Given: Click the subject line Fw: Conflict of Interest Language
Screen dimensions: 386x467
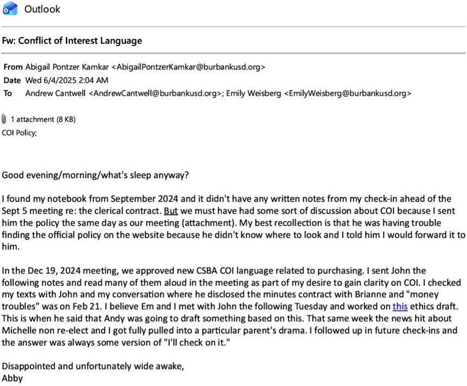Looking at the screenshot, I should tap(73, 41).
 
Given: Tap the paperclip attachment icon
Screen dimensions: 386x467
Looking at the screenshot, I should tap(5, 119).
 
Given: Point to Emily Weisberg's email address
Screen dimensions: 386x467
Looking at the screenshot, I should tap(347, 93).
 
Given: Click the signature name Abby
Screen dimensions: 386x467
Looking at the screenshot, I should tap(12, 378).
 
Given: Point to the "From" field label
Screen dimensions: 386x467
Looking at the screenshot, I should tap(13, 67).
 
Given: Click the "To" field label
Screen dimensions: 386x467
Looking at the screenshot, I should tap(8, 93).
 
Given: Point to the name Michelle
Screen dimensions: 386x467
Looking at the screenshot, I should tap(19, 330).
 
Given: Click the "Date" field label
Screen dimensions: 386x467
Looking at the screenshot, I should tap(12, 80).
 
